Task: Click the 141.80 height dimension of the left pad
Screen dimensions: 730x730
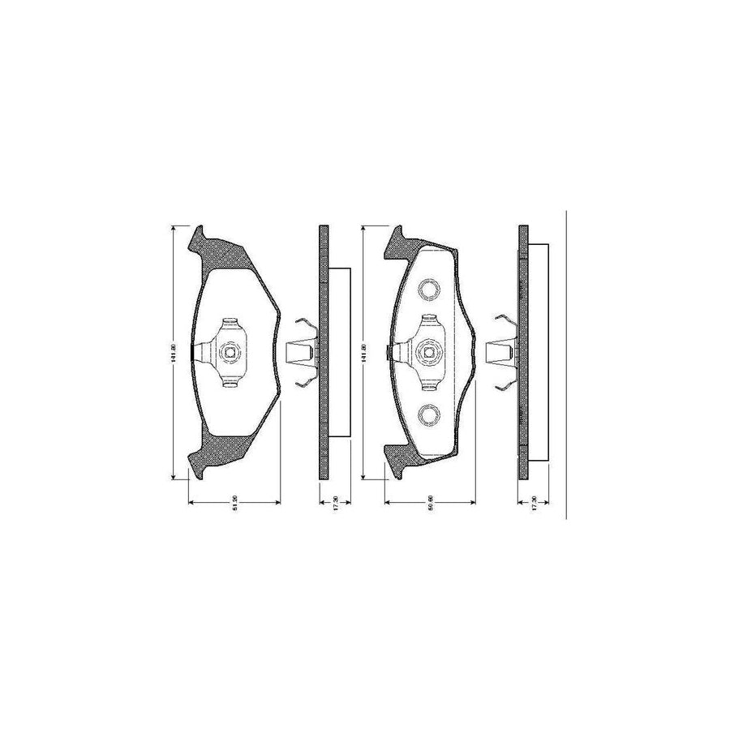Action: (173, 351)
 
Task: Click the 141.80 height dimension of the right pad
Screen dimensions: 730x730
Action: (366, 351)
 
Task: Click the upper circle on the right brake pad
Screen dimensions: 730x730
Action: (428, 289)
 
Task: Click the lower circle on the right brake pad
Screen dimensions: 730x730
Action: (428, 414)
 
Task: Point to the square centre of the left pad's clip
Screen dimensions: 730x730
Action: (230, 352)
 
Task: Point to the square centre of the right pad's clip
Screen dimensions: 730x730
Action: (428, 352)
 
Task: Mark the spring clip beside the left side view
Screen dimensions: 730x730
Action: (302, 351)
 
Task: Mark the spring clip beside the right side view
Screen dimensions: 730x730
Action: (500, 351)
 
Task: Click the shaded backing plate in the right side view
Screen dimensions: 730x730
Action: (523, 352)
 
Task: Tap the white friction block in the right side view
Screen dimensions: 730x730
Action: (539, 352)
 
